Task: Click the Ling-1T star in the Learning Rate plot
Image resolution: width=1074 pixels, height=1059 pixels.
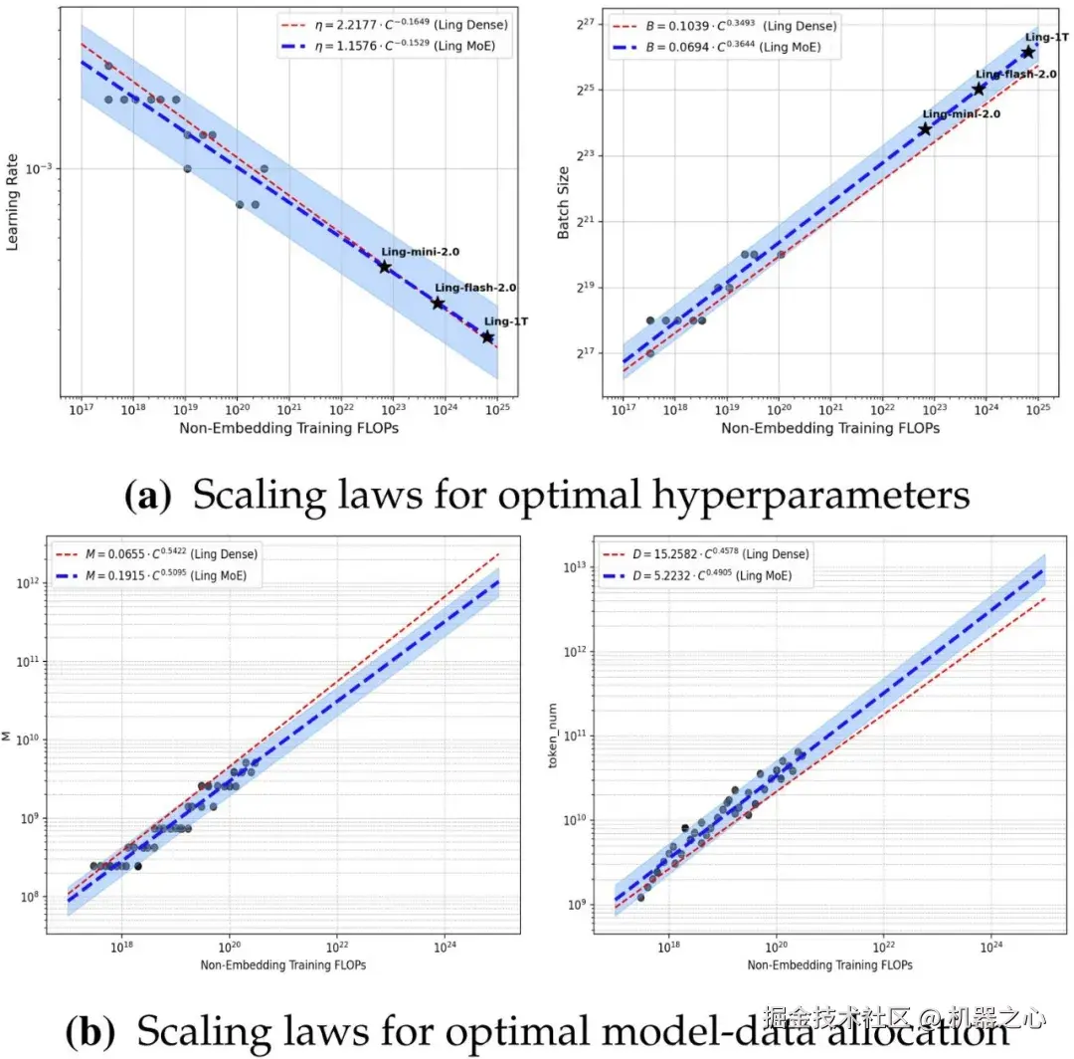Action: pyautogui.click(x=487, y=337)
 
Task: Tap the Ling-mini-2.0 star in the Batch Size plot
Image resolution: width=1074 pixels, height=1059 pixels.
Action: pyautogui.click(x=926, y=129)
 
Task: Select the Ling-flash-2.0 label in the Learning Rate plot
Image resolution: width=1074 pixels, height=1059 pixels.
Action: pyautogui.click(x=475, y=288)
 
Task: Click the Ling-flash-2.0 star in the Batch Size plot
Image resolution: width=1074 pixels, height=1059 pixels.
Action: pyautogui.click(x=979, y=89)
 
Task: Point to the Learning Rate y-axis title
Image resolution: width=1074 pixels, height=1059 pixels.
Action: pyautogui.click(x=14, y=203)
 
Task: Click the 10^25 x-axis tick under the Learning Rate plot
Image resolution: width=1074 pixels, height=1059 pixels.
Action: pyautogui.click(x=497, y=409)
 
